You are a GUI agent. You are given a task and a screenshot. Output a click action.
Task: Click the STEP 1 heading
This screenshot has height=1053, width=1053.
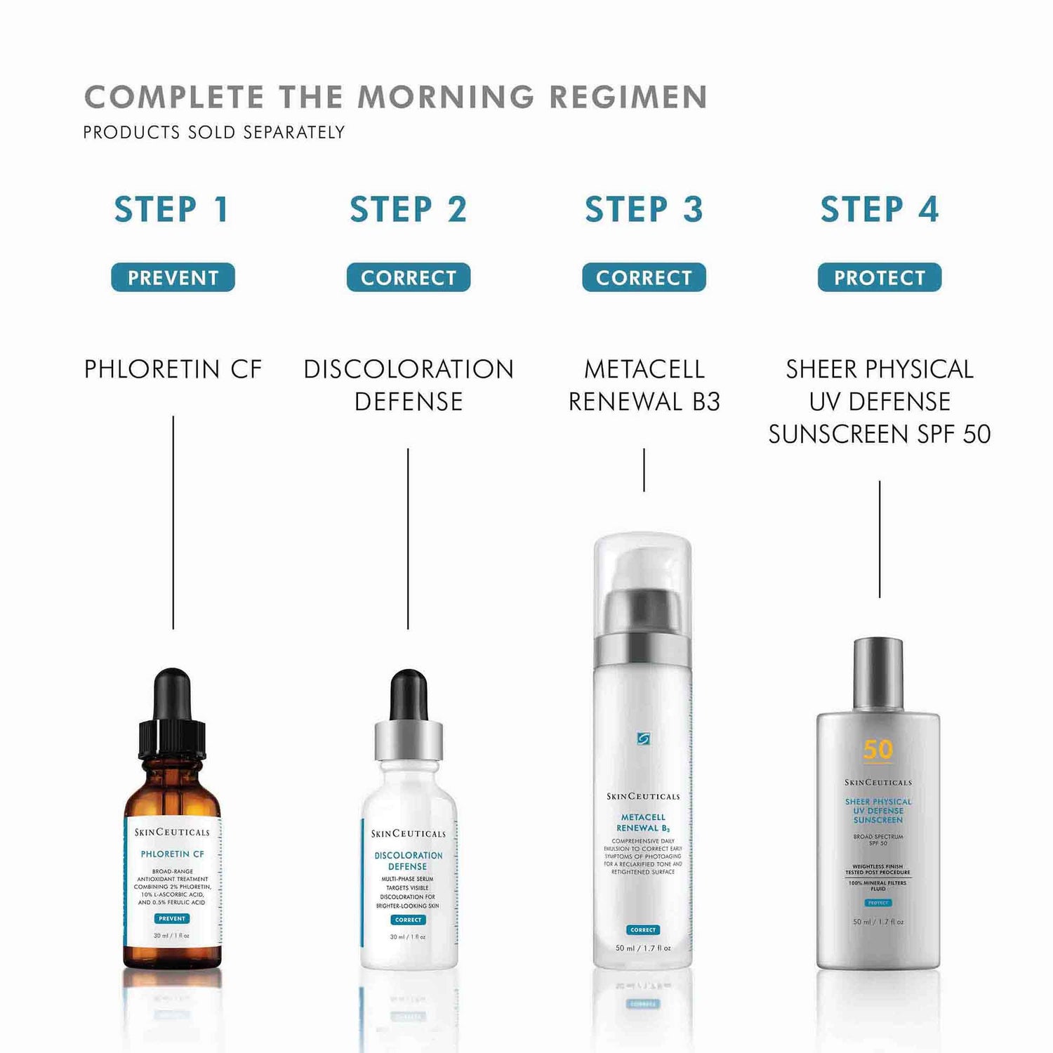pos(172,210)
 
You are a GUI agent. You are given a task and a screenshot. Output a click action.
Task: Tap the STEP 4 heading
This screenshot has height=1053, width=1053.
pos(879,210)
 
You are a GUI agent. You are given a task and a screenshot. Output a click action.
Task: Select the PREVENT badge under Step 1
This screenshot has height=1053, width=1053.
pos(173,277)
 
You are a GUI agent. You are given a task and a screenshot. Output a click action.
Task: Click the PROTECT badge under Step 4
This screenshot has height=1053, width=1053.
pos(879,277)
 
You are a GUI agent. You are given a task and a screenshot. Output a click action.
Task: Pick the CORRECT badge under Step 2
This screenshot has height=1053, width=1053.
pos(408,277)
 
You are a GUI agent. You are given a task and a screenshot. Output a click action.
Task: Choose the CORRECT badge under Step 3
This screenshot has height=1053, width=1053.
pos(644,277)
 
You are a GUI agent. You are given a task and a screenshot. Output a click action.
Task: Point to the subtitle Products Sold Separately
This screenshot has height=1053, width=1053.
pos(214,133)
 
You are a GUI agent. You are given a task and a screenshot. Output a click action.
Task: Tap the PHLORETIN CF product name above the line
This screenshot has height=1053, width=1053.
pos(173,369)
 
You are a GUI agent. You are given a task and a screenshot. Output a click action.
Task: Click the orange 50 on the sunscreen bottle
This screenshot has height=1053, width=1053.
pos(878,750)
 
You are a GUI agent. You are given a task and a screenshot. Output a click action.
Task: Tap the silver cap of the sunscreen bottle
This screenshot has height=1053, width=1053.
pos(878,674)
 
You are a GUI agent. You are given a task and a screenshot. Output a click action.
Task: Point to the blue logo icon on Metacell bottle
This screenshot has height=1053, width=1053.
pos(643,739)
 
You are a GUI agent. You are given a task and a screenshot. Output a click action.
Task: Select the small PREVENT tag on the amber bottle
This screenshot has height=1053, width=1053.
pos(172,918)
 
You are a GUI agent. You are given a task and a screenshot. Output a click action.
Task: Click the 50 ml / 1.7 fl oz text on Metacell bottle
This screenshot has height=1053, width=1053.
pos(643,948)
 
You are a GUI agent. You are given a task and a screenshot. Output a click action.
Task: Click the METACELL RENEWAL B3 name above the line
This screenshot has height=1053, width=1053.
pos(644,385)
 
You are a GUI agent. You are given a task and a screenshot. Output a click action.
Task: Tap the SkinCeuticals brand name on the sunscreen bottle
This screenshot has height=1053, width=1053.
pos(878,783)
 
